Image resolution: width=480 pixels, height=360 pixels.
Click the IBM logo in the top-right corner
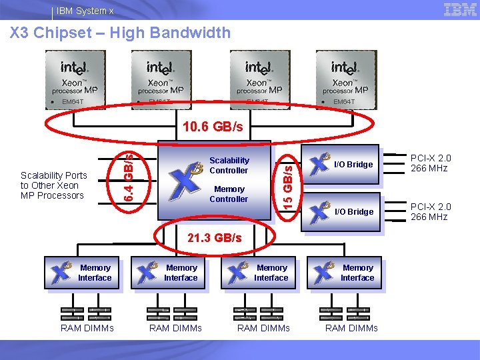460,9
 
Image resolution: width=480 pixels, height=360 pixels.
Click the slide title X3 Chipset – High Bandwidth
120,33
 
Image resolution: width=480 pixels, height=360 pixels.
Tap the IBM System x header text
85,11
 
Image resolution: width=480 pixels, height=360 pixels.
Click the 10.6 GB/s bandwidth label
213,127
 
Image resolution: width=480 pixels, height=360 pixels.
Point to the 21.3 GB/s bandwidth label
215,238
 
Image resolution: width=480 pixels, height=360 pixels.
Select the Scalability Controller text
229,165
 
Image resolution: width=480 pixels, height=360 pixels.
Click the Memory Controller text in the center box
229,194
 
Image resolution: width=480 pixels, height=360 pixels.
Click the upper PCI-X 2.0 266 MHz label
431,163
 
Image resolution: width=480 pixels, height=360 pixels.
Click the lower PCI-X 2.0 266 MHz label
431,212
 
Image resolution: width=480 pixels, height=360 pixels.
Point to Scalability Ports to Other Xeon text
53,185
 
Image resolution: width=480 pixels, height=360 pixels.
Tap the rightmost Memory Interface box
344,273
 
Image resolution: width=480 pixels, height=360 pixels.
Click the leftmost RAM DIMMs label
87,328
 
